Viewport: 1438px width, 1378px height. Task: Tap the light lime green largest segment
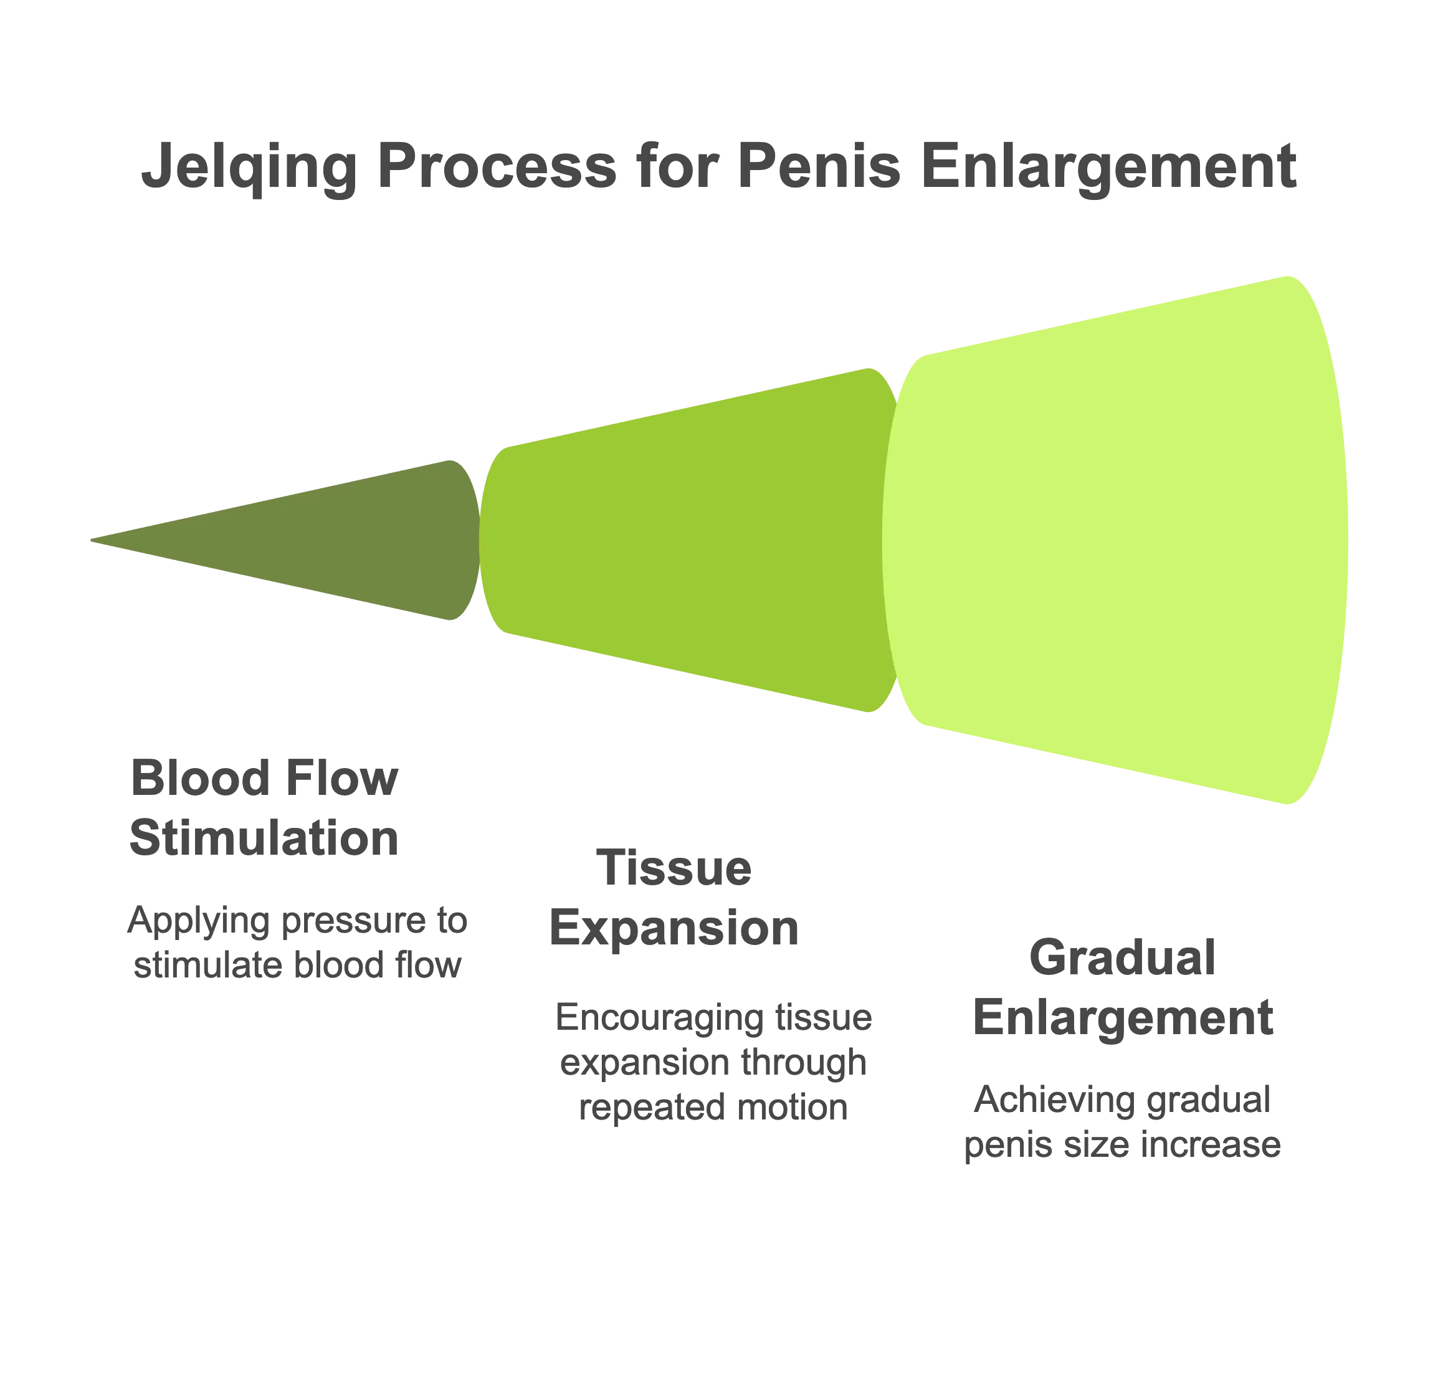[x=1115, y=540]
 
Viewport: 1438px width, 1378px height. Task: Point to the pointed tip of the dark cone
[x=91, y=540]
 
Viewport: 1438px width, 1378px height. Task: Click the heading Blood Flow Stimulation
[x=264, y=808]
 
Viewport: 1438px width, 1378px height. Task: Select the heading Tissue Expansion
[x=674, y=898]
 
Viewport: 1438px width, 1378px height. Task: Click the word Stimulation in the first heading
[x=264, y=838]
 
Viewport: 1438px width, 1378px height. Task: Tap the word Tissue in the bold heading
[x=674, y=868]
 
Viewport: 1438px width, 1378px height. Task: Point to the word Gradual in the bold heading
[x=1123, y=957]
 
